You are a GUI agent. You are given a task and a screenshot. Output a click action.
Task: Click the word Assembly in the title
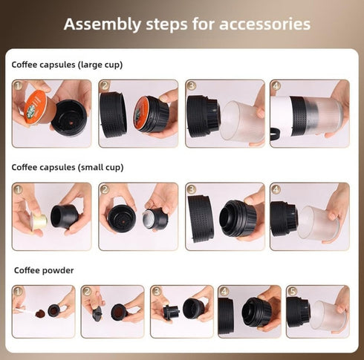96,24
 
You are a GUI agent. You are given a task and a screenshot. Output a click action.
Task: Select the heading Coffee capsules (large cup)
67,65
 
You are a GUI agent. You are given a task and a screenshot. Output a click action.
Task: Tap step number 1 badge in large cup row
19,86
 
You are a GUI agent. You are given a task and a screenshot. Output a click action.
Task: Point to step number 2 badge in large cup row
105,86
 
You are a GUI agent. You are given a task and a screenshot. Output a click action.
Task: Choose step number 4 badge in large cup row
276,86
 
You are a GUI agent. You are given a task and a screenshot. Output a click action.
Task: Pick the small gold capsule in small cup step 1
39,220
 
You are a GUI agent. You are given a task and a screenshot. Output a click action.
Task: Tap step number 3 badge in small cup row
191,189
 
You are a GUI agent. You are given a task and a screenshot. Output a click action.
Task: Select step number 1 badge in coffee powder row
19,292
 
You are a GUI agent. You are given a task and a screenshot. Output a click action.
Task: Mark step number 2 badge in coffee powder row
88,292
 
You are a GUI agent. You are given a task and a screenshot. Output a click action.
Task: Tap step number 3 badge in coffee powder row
156,292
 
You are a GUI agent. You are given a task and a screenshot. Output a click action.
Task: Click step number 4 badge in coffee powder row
224,292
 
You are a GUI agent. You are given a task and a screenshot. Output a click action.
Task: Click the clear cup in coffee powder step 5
328,315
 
